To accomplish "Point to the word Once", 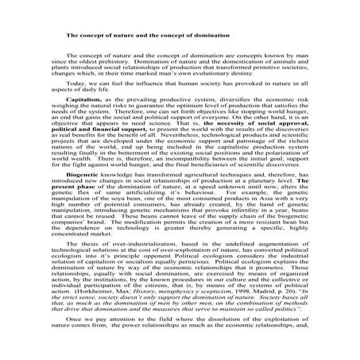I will coord(76,343).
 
